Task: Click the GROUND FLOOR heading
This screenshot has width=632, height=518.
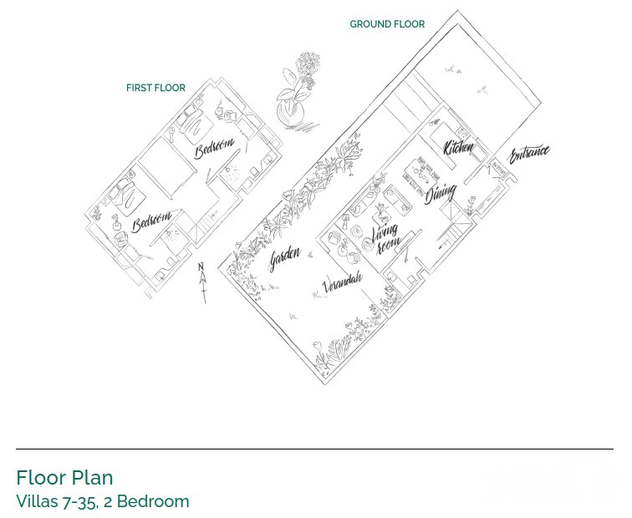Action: point(387,24)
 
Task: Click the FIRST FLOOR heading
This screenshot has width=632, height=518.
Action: point(155,88)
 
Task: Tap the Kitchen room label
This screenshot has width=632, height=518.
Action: point(459,148)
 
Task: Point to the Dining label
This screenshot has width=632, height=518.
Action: point(441,195)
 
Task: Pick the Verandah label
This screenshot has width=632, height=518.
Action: point(342,283)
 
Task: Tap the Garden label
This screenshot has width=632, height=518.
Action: point(284,259)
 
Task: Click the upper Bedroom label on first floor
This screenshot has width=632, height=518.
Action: point(214,148)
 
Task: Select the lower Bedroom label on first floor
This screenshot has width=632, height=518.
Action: point(152,222)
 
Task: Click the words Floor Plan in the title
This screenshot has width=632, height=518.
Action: point(64,478)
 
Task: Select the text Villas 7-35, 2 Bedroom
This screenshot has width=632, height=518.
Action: point(102,501)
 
